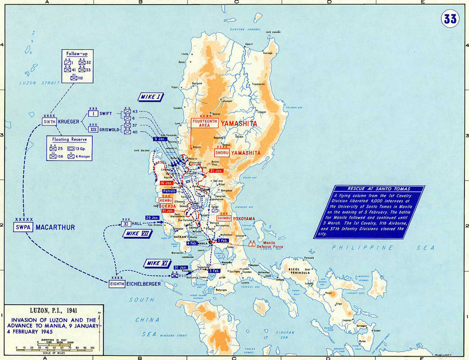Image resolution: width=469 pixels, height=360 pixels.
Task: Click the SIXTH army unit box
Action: click(50, 121)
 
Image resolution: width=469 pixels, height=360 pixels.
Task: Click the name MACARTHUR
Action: click(55, 227)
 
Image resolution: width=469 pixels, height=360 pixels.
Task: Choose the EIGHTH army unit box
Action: click(117, 284)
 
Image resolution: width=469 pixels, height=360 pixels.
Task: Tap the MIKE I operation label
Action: click(151, 97)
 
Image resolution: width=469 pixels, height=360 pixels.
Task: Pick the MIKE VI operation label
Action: click(157, 263)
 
